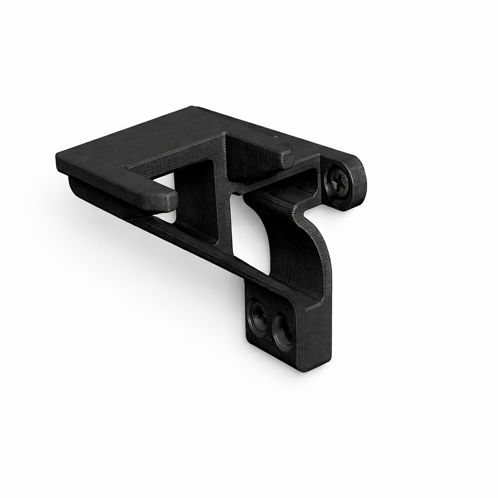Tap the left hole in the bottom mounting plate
(x=257, y=316)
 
